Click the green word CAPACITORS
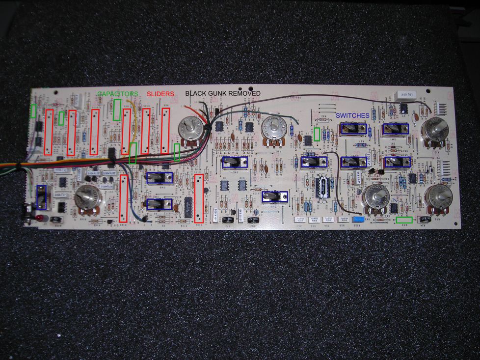[x=117, y=93]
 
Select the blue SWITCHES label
[x=352, y=115]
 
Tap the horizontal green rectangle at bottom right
[x=404, y=220]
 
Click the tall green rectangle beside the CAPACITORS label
[x=117, y=110]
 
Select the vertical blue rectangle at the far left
[x=41, y=197]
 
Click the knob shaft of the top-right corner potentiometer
[x=434, y=130]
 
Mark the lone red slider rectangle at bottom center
[x=199, y=197]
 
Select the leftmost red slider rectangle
[x=49, y=132]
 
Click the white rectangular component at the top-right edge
[x=405, y=94]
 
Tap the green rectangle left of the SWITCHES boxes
[x=317, y=134]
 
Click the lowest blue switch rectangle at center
[x=271, y=196]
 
